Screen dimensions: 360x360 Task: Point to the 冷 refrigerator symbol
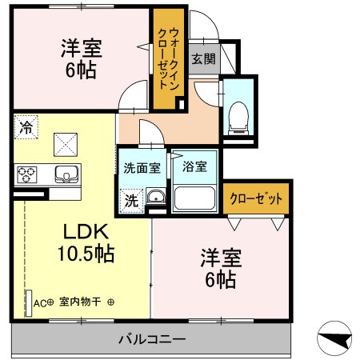point(26,126)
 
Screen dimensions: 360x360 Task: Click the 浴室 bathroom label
point(194,167)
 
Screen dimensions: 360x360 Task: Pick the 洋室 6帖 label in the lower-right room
point(218,268)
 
